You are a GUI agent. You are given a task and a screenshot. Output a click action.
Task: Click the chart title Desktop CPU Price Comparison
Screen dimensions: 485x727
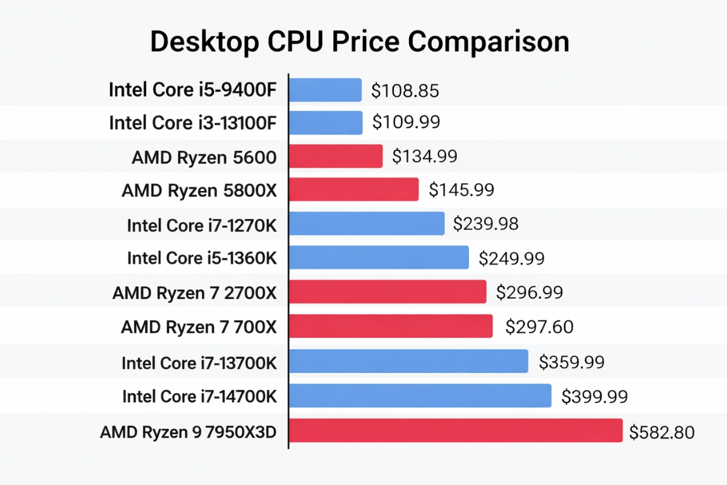[x=359, y=42]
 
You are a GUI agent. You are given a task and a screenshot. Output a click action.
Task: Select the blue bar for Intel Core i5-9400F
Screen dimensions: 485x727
[x=325, y=90]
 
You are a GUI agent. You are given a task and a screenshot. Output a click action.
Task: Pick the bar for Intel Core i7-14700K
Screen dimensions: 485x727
[x=420, y=396]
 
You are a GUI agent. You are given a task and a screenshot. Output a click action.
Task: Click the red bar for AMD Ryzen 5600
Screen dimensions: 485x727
[x=336, y=156]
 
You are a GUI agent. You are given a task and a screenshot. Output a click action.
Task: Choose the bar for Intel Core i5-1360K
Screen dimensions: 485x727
[x=379, y=258]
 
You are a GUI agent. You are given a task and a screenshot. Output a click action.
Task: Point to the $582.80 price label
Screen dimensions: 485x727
[x=662, y=433]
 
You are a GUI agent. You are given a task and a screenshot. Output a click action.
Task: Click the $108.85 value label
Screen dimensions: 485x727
[x=405, y=91]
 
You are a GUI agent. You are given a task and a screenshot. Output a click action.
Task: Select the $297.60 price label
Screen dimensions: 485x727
[x=539, y=327]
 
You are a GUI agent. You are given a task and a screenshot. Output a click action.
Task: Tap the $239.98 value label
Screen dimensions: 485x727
[x=486, y=224]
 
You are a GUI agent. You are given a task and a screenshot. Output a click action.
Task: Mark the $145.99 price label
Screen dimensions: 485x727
[x=462, y=190]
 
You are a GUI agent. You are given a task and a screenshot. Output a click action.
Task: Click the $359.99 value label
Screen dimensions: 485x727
[x=571, y=363]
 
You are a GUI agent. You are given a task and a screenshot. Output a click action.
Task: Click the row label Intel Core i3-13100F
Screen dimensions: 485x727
[x=193, y=123]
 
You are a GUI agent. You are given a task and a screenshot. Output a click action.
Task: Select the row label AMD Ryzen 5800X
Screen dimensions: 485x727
[x=199, y=190]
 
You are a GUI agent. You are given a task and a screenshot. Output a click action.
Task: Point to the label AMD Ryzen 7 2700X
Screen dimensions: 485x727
[x=194, y=293]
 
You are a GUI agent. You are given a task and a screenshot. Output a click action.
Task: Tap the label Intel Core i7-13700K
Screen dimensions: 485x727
[x=199, y=363]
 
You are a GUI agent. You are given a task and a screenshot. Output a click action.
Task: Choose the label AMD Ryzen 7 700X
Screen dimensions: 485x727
[x=199, y=327]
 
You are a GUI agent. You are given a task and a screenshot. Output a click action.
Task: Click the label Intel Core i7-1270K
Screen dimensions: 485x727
[x=202, y=225]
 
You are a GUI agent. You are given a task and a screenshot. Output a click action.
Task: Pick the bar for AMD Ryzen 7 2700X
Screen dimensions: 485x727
[x=388, y=292]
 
